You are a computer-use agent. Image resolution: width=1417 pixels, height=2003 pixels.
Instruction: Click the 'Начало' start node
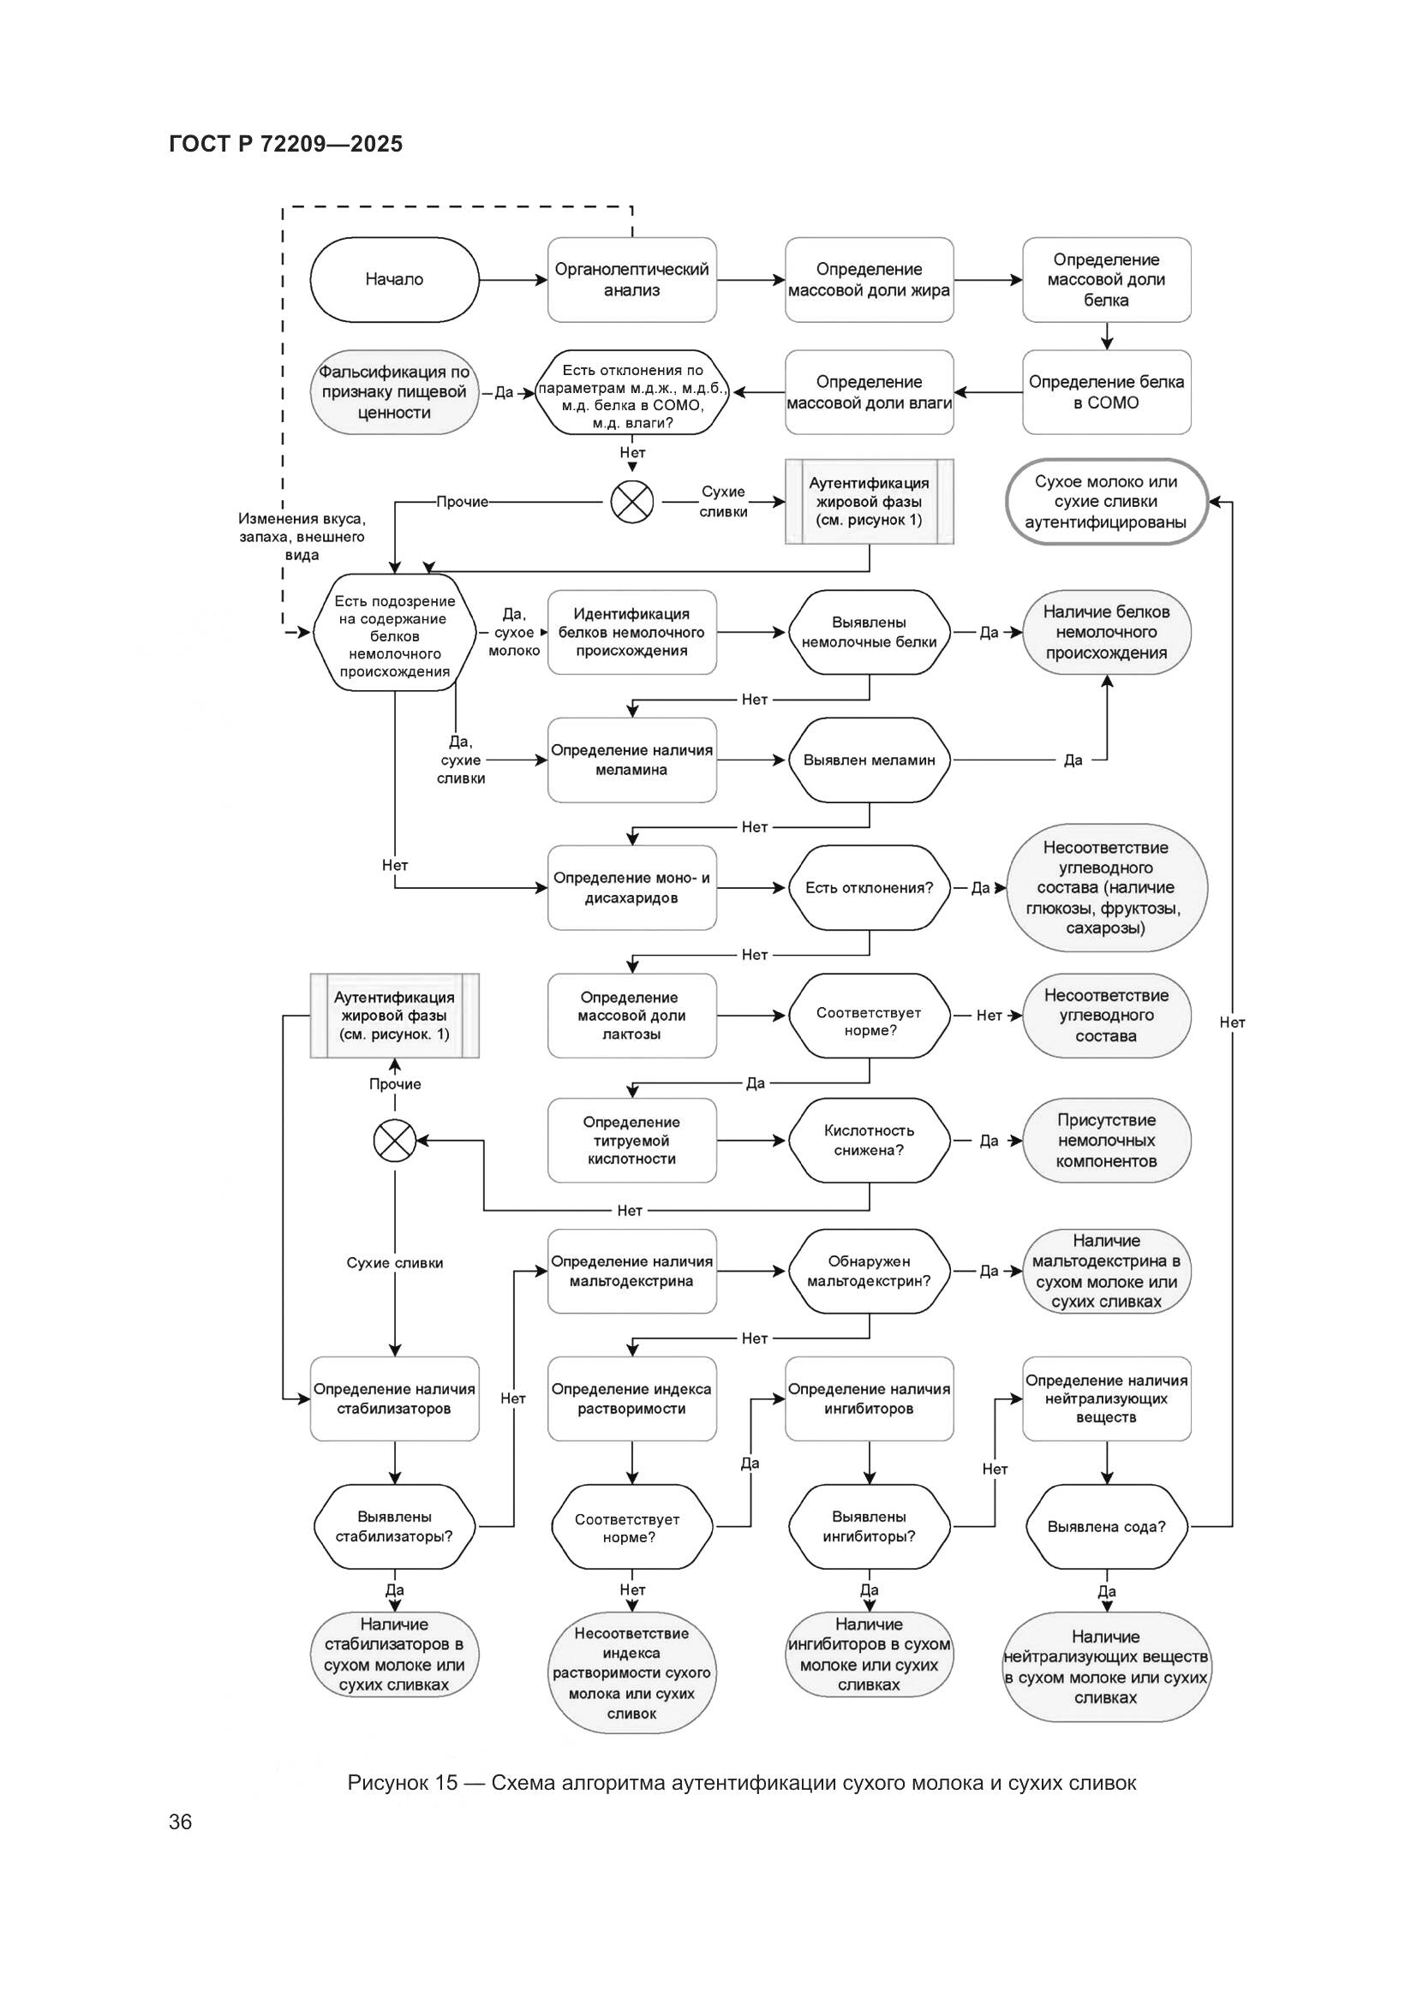[x=394, y=279]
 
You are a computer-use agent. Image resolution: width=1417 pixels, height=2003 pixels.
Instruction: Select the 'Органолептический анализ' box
[x=631, y=279]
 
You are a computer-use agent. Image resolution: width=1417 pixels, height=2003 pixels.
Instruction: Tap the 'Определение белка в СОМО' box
[x=1106, y=391]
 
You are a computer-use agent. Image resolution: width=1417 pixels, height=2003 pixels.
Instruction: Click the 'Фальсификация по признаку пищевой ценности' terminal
[x=394, y=391]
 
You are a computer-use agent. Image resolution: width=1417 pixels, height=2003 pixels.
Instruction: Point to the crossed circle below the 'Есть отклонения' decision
[x=631, y=502]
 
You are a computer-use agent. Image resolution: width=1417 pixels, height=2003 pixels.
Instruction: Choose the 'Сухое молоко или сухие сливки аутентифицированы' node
[x=1106, y=502]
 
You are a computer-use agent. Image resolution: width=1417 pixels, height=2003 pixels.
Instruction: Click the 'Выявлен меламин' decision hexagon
[x=869, y=760]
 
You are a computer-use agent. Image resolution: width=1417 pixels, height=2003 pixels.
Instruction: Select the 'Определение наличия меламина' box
[x=631, y=760]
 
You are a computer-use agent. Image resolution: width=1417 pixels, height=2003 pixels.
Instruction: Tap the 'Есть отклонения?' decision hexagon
[x=869, y=887]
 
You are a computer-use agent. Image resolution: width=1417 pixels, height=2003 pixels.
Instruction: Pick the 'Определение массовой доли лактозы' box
[x=631, y=1016]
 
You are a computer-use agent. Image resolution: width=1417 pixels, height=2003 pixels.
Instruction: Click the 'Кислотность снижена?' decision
[x=869, y=1140]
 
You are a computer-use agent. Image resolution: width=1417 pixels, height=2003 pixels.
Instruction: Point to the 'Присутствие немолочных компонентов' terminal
[x=1106, y=1140]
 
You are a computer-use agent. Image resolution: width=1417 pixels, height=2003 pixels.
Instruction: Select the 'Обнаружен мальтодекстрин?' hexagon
[x=869, y=1271]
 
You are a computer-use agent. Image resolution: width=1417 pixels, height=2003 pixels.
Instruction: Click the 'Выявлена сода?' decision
[x=1106, y=1527]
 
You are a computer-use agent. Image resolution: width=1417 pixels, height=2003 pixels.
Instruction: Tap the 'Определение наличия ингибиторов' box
[x=869, y=1398]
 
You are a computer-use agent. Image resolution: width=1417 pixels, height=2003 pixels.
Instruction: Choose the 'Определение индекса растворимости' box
[x=631, y=1398]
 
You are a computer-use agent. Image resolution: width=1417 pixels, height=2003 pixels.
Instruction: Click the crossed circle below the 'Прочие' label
[x=394, y=1140]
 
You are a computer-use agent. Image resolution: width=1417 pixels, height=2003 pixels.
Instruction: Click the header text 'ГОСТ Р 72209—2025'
[x=285, y=144]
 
